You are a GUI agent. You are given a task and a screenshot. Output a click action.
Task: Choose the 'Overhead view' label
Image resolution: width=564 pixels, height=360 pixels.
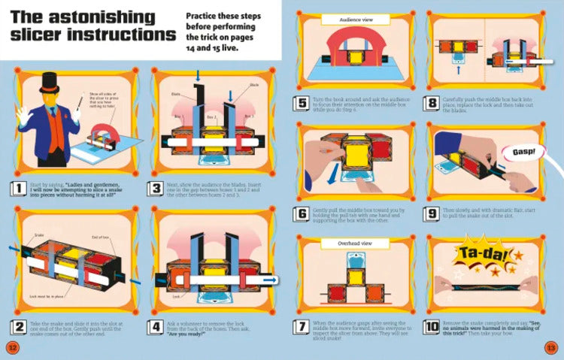point(347,243)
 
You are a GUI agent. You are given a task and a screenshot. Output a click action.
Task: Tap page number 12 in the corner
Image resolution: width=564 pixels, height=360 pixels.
point(12,346)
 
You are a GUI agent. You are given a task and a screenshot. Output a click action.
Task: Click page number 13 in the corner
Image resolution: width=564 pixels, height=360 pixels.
point(550,346)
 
